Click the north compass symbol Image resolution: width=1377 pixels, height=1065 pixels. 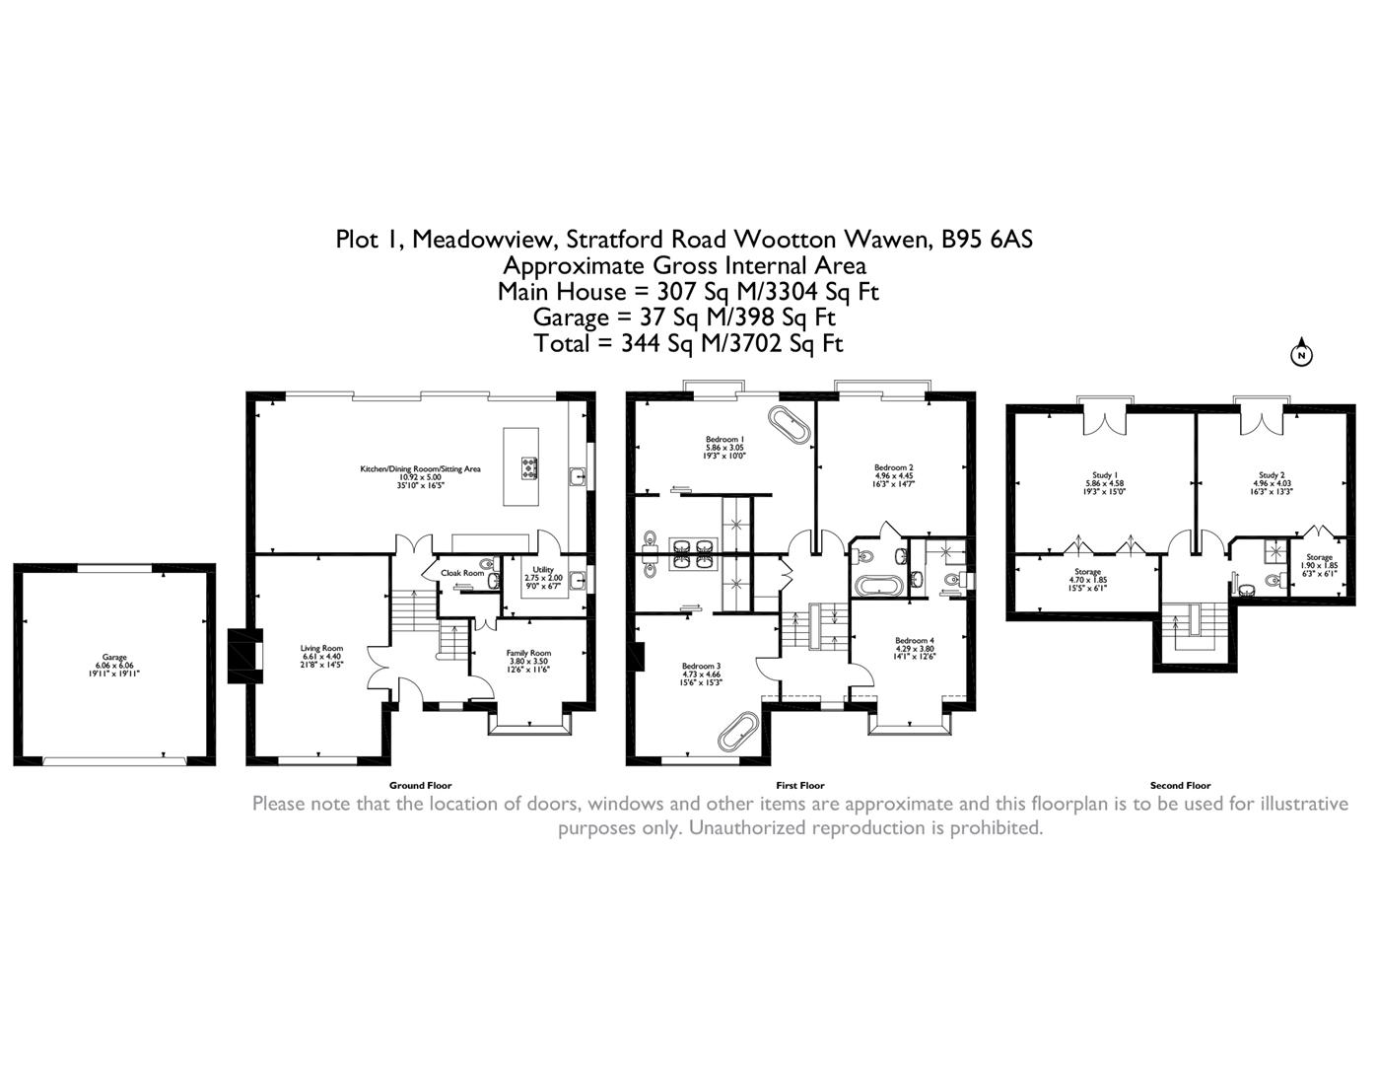1301,354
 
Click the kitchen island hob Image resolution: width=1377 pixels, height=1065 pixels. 525,466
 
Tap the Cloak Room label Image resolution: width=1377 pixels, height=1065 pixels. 461,573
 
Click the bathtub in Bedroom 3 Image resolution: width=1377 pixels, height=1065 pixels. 736,732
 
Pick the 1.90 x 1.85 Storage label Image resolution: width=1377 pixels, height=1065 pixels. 1319,565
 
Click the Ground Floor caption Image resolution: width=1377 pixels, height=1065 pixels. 420,786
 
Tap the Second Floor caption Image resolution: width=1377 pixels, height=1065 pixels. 1180,786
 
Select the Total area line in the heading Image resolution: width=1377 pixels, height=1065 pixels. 688,343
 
